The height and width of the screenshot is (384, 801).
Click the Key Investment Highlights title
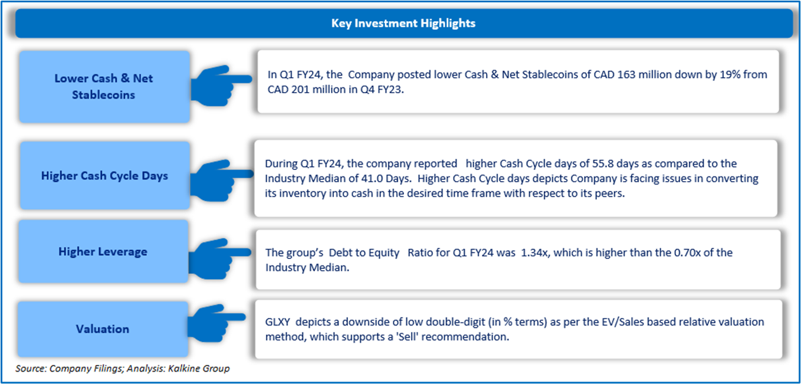[x=403, y=23]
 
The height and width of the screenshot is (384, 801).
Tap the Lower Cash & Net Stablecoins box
[x=104, y=87]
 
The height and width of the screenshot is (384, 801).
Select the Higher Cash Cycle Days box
[x=105, y=176]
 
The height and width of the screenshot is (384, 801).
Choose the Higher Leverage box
[x=103, y=251]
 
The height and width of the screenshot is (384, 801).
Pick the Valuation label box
[x=103, y=329]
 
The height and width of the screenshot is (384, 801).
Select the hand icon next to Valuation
[x=216, y=323]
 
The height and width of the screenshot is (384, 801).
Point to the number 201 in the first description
[x=300, y=90]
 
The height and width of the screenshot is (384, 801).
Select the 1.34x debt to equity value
[x=534, y=253]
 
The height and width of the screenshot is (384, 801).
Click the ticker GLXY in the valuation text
[x=277, y=322]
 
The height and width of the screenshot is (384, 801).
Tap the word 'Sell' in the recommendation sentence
[x=408, y=337]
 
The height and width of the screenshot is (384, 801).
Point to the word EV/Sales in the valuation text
[x=622, y=322]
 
